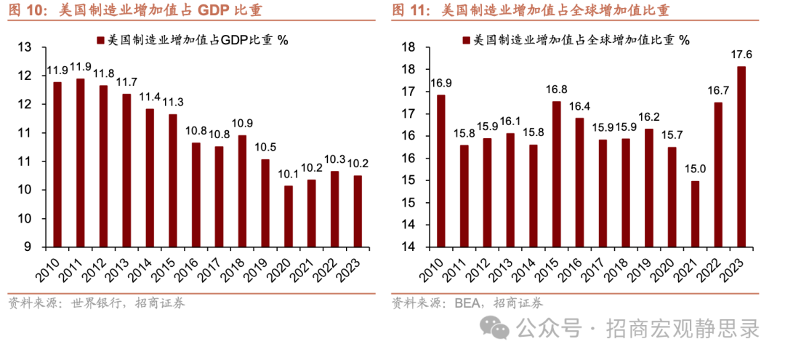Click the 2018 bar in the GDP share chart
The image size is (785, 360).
[242, 191]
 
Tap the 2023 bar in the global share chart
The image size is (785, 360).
[741, 156]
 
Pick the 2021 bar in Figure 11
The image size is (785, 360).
[695, 213]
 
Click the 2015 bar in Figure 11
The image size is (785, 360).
[556, 174]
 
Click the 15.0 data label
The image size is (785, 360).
[694, 168]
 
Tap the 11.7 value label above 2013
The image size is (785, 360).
[126, 81]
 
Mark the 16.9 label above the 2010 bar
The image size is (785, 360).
[440, 82]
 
